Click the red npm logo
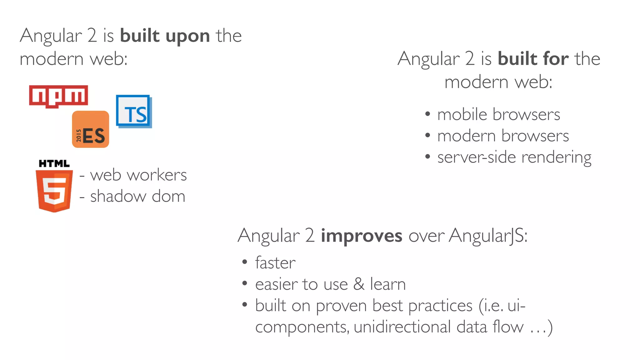[58, 96]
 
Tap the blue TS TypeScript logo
[134, 112]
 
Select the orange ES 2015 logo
[91, 129]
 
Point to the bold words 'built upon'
[165, 36]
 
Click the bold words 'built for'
[533, 59]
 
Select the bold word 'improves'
[361, 236]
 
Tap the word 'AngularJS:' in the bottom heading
[488, 236]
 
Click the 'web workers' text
[138, 175]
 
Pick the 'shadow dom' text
[137, 197]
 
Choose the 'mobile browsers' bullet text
[498, 114]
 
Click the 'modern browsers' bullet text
[503, 136]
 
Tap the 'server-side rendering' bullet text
[514, 157]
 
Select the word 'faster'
[275, 263]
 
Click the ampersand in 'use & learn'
[359, 284]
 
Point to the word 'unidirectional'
[402, 327]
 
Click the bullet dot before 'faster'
[245, 262]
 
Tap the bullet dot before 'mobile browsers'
[427, 114]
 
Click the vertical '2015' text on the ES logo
[79, 136]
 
